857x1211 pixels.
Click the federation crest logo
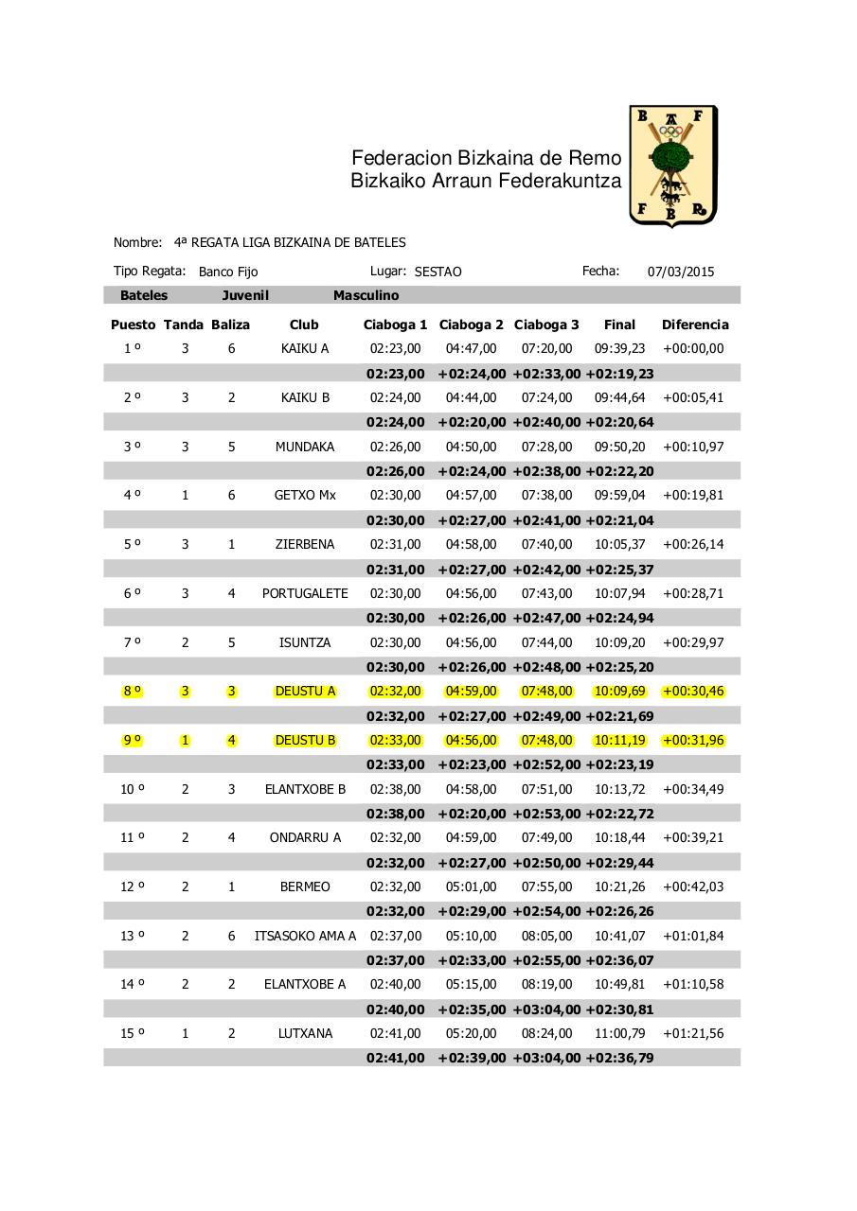point(673,167)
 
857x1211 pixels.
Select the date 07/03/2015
point(681,272)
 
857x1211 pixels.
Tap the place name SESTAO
point(438,272)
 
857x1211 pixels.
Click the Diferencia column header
point(695,325)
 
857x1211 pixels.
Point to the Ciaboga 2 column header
point(472,325)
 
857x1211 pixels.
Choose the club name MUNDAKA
point(305,447)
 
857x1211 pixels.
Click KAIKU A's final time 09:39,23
point(619,348)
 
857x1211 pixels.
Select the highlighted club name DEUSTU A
point(305,691)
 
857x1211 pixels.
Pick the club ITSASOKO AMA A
point(305,936)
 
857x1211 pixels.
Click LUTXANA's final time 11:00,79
point(619,1033)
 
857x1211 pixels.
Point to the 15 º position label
point(133,1033)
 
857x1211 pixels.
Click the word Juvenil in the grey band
point(245,295)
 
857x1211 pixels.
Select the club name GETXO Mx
point(305,495)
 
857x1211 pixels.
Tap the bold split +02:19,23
point(619,374)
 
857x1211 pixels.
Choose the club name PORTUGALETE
point(305,593)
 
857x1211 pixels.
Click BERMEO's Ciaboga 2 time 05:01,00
point(471,886)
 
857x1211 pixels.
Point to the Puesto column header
point(133,325)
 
